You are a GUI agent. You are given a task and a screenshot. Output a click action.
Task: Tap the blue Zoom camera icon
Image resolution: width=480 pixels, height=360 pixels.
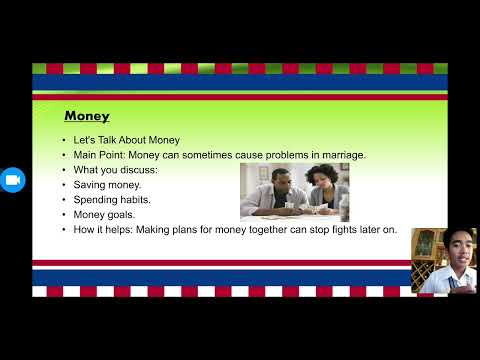click(13, 180)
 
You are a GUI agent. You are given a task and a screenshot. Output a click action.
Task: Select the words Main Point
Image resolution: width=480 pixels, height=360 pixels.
click(96, 154)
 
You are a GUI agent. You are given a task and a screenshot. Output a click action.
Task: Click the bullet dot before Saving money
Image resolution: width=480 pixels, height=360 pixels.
click(63, 185)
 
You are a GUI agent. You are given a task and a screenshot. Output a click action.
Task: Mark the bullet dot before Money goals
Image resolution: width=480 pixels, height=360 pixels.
click(63, 215)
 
